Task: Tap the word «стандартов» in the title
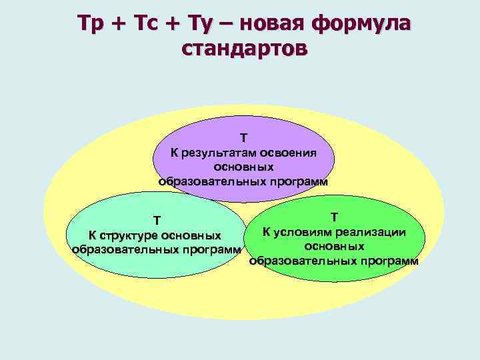point(244,49)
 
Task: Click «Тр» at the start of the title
point(90,24)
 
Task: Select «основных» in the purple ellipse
point(244,167)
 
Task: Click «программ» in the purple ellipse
point(297,181)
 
